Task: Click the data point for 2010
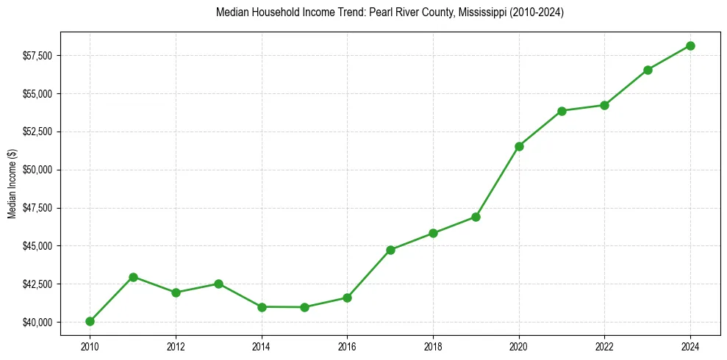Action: (x=90, y=321)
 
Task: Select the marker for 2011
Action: (x=133, y=277)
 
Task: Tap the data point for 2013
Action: (x=218, y=284)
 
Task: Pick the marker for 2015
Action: (x=304, y=307)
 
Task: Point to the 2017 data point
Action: (x=390, y=250)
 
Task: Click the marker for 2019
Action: (x=476, y=217)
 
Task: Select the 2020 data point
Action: (x=519, y=146)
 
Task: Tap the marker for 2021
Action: (x=562, y=111)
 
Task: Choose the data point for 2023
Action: (x=648, y=70)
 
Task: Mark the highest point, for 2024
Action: (x=690, y=46)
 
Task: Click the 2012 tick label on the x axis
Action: (x=176, y=345)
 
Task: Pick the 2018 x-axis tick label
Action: (x=433, y=345)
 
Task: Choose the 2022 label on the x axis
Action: (x=604, y=345)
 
